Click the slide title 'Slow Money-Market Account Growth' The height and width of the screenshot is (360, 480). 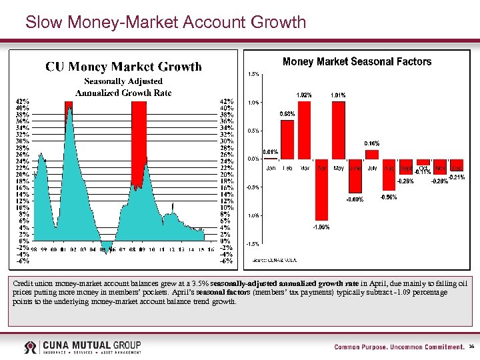[x=165, y=22]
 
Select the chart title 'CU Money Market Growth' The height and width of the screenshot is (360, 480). [x=123, y=66]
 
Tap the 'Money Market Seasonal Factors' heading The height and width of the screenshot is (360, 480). [x=357, y=61]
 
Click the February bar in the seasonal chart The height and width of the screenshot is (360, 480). [x=287, y=139]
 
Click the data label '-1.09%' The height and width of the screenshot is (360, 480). [x=321, y=227]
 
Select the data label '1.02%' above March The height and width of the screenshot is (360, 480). [x=304, y=95]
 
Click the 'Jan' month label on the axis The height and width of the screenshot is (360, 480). [x=271, y=168]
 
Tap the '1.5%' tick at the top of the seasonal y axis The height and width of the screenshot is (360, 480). [x=253, y=74]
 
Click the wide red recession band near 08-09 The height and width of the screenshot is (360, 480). [x=139, y=140]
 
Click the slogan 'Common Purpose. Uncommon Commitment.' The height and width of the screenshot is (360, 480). [x=399, y=347]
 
